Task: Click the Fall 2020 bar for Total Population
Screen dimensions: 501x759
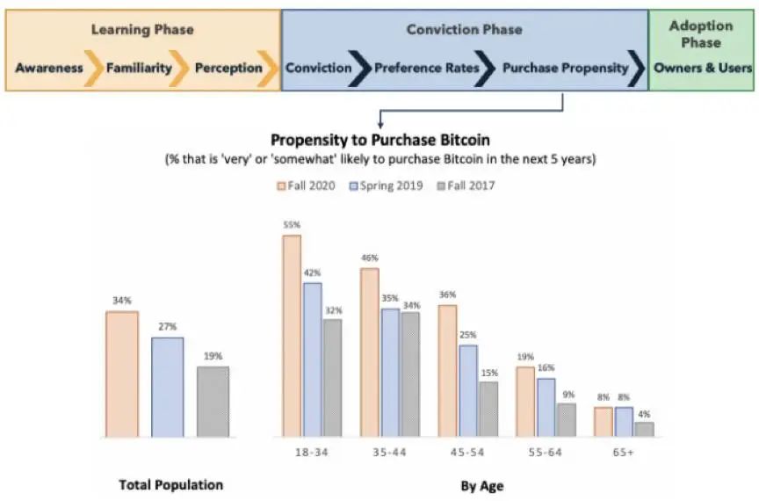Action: pos(122,374)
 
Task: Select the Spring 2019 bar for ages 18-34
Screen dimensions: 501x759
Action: pos(313,359)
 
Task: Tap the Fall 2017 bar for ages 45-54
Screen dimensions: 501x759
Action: pos(488,409)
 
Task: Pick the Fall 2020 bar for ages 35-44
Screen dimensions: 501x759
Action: pos(370,352)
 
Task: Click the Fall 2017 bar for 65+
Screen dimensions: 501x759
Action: pos(644,429)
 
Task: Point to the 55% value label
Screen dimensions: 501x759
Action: pos(292,225)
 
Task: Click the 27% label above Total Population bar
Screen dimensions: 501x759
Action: pos(167,327)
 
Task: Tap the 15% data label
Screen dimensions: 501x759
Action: pos(488,373)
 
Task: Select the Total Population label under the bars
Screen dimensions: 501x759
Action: pos(171,485)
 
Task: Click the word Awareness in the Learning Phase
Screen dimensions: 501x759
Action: pos(49,68)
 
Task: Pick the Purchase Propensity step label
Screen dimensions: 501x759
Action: pos(566,68)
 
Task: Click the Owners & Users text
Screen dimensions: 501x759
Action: pos(703,68)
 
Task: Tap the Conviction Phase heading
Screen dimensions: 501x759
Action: pos(464,30)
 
